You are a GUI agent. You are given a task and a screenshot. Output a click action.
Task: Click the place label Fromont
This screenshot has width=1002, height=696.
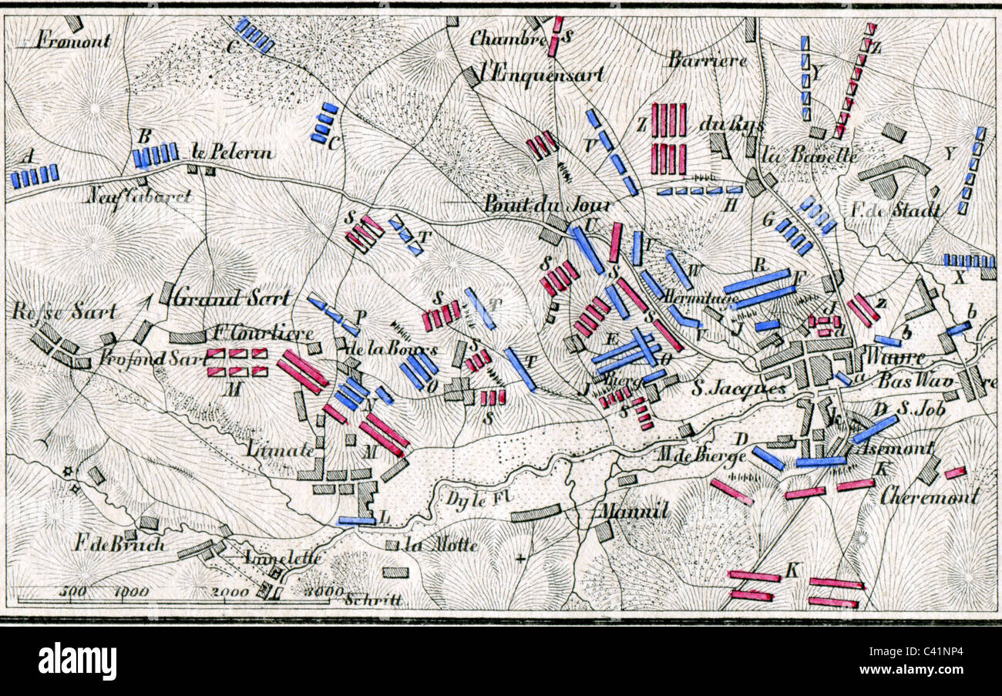point(73,40)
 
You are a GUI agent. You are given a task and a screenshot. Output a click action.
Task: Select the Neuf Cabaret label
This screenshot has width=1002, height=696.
point(138,197)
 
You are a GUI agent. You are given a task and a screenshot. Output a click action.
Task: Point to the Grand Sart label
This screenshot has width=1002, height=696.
point(232,297)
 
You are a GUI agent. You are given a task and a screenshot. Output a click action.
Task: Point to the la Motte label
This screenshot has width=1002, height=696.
point(442,545)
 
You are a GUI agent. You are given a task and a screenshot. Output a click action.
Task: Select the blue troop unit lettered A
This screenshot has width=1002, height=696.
point(35,176)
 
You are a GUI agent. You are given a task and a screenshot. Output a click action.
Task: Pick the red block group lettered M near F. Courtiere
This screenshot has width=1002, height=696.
point(237,362)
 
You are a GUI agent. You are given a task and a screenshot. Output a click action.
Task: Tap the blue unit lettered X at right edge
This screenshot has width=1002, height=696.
point(968,261)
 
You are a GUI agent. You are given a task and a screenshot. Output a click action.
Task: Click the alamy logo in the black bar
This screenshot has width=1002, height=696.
point(77,661)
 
